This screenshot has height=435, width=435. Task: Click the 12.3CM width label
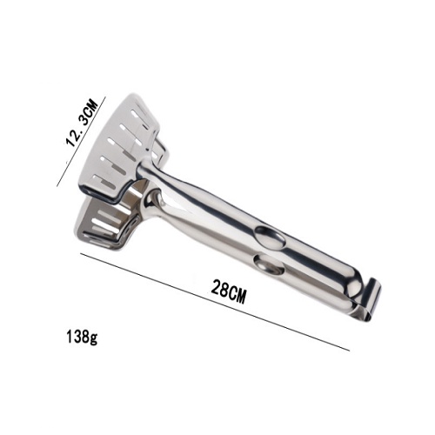pyautogui.click(x=82, y=123)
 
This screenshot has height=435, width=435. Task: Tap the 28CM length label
pyautogui.click(x=229, y=291)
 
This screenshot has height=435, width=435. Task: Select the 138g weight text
pyautogui.click(x=82, y=338)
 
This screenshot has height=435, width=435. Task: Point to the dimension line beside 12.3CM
pyautogui.click(x=82, y=142)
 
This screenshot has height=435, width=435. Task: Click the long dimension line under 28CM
pyautogui.click(x=215, y=302)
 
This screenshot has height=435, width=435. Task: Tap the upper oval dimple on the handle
pyautogui.click(x=269, y=237)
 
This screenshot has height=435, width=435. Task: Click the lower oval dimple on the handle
pyautogui.click(x=269, y=264)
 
